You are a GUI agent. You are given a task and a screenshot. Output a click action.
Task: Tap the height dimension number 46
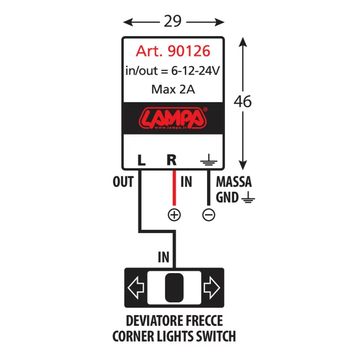(243, 102)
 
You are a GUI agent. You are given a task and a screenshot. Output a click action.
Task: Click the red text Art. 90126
(173, 51)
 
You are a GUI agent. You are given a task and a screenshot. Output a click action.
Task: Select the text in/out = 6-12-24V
(173, 71)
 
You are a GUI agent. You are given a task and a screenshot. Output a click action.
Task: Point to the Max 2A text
(173, 89)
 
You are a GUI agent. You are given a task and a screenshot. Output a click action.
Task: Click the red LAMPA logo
(173, 118)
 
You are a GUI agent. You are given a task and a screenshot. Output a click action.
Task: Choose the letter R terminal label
(171, 160)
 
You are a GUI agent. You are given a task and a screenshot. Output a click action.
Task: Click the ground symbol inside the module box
(208, 161)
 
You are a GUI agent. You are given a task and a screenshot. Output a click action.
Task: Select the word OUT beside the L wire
(123, 182)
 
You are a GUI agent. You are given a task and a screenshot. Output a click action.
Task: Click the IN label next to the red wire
(186, 182)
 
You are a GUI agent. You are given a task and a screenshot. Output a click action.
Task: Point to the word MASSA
(234, 182)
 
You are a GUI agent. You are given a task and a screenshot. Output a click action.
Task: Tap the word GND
(227, 197)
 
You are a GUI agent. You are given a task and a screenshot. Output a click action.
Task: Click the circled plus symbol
(174, 215)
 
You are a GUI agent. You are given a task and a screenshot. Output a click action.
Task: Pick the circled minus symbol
(208, 215)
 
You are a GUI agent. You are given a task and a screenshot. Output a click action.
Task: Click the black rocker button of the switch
(174, 288)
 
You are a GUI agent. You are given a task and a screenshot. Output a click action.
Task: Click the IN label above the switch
(164, 257)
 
